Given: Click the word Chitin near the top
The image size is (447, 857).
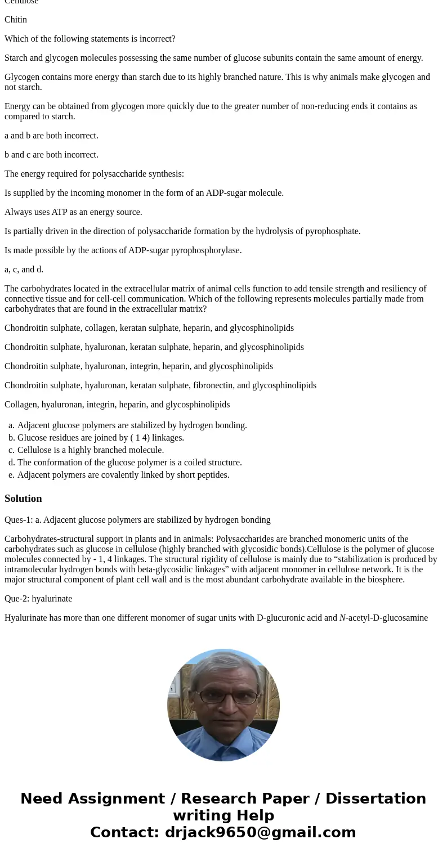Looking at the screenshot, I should (x=16, y=20).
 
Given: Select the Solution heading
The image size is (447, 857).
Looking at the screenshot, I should (x=23, y=499).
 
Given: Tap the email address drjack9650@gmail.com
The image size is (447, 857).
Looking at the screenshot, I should (x=260, y=832).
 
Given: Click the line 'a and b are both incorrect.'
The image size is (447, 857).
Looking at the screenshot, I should (x=51, y=136).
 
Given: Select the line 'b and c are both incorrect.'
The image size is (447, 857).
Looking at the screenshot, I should (x=51, y=155).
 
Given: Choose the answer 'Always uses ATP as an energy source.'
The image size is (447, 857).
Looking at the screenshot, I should (x=73, y=212).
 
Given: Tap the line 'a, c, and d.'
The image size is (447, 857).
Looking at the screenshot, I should (x=24, y=270).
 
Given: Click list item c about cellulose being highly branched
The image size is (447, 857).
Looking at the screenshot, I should (x=91, y=450).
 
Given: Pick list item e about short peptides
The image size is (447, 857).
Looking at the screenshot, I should (x=123, y=475).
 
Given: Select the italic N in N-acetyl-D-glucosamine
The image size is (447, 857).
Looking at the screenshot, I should (x=342, y=618).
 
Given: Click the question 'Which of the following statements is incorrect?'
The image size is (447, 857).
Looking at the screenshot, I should (x=90, y=39).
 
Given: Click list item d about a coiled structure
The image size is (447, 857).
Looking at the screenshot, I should (x=129, y=463).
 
